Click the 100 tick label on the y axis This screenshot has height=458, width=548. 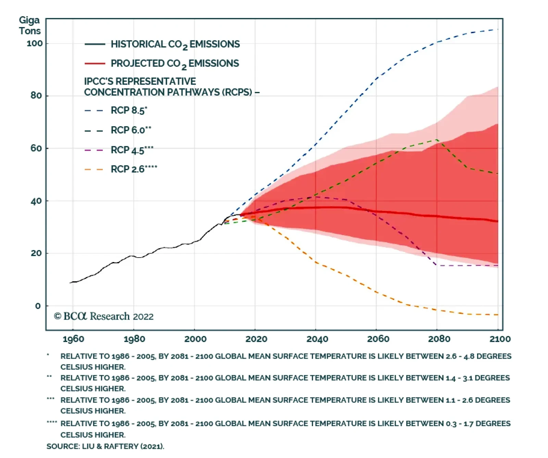(x=35, y=44)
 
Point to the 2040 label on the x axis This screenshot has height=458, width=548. (x=317, y=339)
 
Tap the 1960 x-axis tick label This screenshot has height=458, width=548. (x=73, y=339)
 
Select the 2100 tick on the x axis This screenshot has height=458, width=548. (x=500, y=339)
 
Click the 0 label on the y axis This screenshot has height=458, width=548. (x=38, y=306)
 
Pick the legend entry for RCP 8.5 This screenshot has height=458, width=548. (x=129, y=111)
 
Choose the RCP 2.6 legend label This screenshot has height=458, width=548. (x=134, y=169)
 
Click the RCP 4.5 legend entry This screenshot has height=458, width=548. (x=132, y=150)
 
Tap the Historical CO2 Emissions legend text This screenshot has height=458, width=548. (x=175, y=44)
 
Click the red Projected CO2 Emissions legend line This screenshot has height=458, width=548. (x=95, y=63)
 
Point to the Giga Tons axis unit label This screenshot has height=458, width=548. (x=29, y=26)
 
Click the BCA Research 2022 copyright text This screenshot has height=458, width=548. (x=104, y=316)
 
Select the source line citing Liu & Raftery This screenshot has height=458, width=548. (x=105, y=446)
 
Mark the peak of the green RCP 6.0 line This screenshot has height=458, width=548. (x=437, y=139)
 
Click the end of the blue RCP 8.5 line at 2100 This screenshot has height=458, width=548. (x=497, y=29)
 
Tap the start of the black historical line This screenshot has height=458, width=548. (x=70, y=283)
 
